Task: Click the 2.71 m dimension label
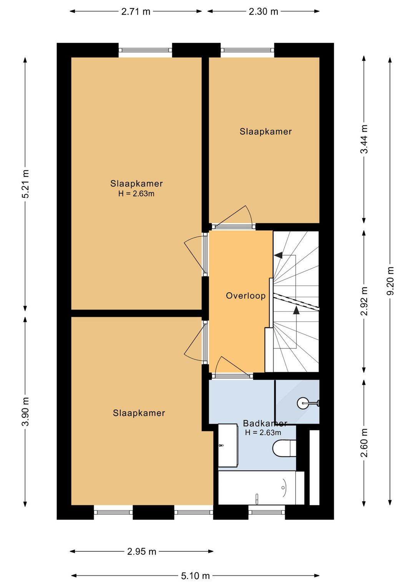136,12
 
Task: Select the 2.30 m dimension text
263,12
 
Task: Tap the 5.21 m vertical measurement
25,184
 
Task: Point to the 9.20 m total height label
390,281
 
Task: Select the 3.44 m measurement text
364,139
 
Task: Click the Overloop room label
246,296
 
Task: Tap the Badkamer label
265,423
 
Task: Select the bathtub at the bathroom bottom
261,488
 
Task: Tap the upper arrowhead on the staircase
278,255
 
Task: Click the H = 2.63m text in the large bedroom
136,193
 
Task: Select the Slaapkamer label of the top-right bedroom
266,132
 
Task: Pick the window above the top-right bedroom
247,50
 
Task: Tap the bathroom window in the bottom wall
267,512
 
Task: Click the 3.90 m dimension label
25,412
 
